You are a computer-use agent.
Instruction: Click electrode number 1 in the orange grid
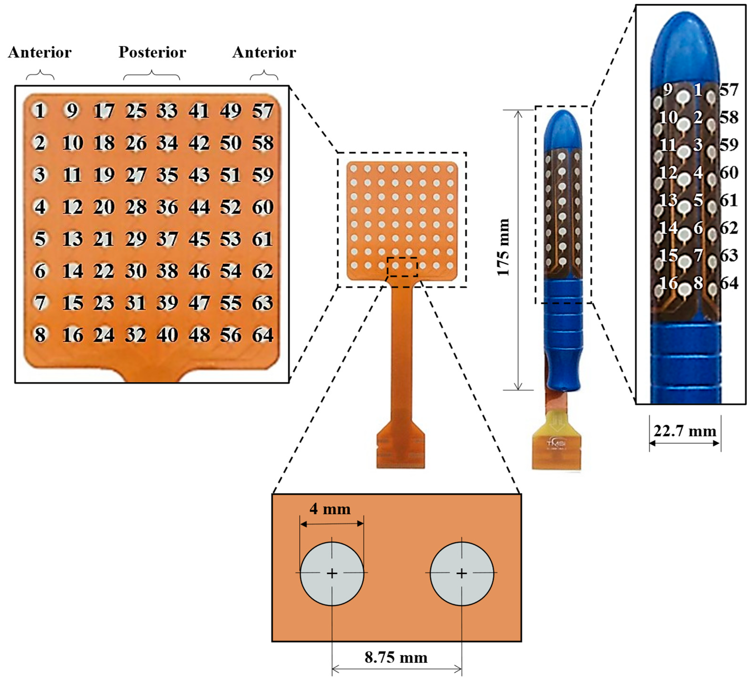click(x=40, y=110)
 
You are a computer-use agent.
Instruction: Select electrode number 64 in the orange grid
click(x=263, y=335)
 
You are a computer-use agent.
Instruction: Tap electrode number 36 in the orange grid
click(x=167, y=207)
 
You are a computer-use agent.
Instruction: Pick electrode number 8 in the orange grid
click(x=40, y=335)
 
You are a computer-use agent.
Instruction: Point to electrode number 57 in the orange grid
click(x=263, y=110)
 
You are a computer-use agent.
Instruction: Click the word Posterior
click(x=152, y=52)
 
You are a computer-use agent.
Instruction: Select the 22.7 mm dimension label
click(x=684, y=431)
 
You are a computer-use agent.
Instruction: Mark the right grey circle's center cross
click(x=461, y=573)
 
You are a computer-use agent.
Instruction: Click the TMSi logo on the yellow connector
click(x=556, y=443)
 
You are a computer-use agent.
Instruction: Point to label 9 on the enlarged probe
click(x=668, y=89)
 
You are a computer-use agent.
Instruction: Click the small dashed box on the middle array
click(x=402, y=267)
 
